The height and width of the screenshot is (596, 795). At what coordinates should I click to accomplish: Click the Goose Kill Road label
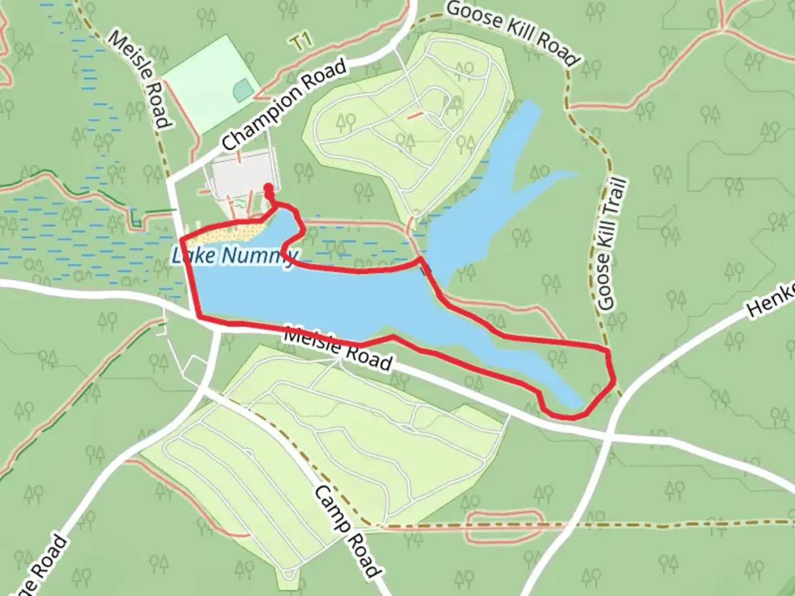pyautogui.click(x=512, y=33)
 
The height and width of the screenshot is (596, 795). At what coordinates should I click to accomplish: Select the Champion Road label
pyautogui.click(x=285, y=105)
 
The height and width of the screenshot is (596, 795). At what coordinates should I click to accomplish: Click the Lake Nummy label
pyautogui.click(x=235, y=256)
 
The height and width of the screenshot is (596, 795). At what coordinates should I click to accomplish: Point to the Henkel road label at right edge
pyautogui.click(x=771, y=300)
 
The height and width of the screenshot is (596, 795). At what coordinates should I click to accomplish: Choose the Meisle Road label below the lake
pyautogui.click(x=338, y=348)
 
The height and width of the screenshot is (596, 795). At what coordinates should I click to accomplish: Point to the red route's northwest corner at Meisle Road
pyautogui.click(x=182, y=239)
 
